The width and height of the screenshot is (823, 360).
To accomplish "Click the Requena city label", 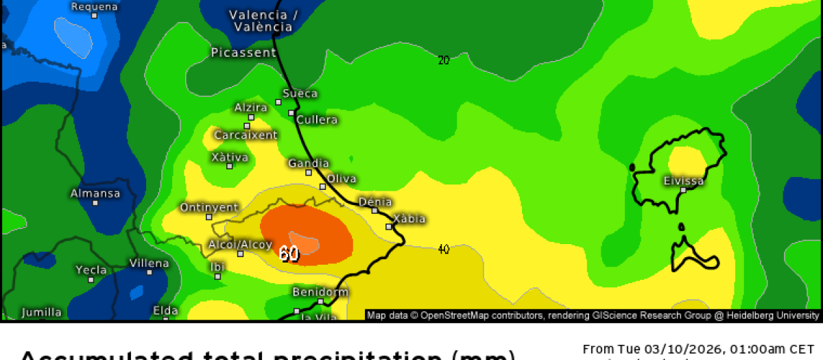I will point(95,7).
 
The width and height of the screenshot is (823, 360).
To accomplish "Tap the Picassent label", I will point(243,52).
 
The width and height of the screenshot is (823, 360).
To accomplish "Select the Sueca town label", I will point(300,93).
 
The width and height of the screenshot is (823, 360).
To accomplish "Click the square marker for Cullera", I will point(291,112).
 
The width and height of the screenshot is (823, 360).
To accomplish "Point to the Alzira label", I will point(250,107).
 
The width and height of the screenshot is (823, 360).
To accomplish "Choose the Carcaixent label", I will point(246,135).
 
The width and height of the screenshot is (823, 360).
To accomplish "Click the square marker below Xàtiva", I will point(229,166).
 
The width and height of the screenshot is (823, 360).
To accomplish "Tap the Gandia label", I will point(309,163).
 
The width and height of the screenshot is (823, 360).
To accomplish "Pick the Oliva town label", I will point(342,179).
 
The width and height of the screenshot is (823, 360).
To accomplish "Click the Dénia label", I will point(375,202).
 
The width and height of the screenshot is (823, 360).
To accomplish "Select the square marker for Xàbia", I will point(389,226).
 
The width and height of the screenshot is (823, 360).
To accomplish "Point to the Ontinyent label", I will point(209,207).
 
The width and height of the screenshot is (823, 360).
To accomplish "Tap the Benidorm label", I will point(320,292).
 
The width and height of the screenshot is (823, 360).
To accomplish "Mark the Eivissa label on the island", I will point(684,181).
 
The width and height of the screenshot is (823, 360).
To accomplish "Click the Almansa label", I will point(95,193).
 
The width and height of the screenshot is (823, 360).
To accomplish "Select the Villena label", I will point(149,263).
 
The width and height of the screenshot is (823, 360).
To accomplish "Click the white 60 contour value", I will point(289,254).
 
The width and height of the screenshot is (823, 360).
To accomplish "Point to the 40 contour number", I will point(444,249).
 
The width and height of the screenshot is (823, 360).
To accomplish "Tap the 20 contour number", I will point(444,60).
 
